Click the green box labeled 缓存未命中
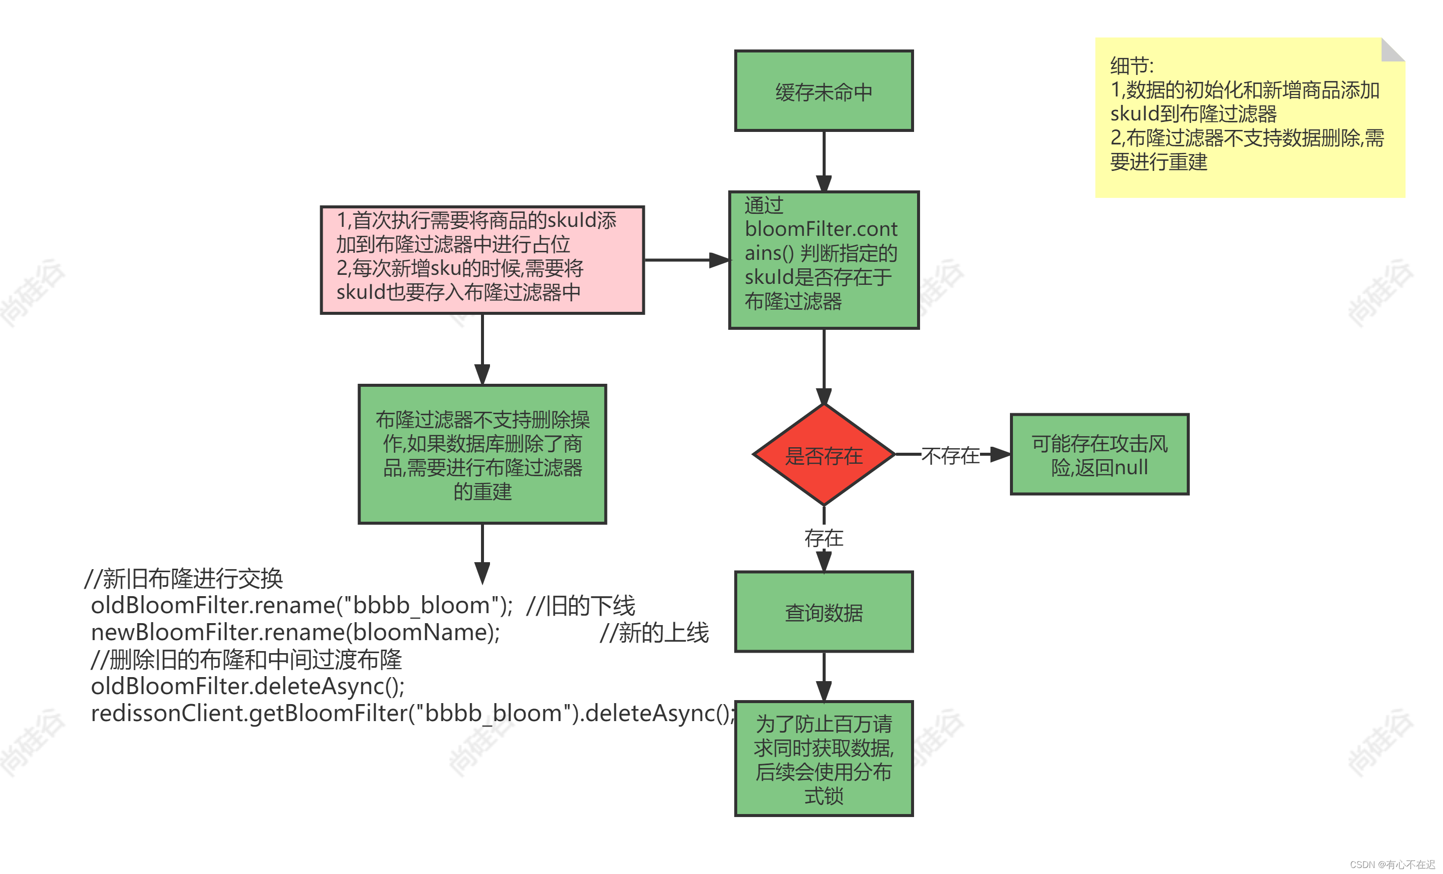point(824,91)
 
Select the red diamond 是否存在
point(824,455)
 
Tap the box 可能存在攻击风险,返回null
point(1099,455)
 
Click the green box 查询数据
point(824,612)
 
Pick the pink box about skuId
point(482,259)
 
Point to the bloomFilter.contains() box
point(824,259)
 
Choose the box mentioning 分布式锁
point(824,759)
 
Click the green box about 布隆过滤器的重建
point(482,454)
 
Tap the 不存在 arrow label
point(950,455)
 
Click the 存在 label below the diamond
point(824,538)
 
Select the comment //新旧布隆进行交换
point(184,579)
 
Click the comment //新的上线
point(654,632)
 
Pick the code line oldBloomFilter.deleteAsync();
point(247,686)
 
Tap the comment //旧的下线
point(580,605)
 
